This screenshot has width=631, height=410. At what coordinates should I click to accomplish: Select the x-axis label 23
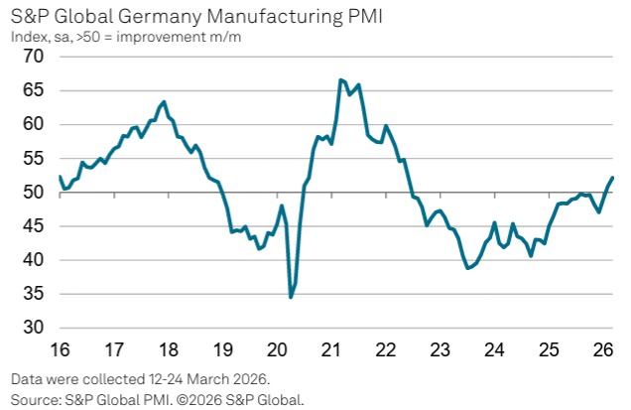point(441,348)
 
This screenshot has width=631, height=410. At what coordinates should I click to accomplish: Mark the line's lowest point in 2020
point(291,297)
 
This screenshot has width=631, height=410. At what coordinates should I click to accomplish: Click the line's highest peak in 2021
point(341,79)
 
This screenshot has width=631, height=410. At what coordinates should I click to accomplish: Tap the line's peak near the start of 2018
point(164,101)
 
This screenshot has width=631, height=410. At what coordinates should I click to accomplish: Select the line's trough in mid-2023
point(467,268)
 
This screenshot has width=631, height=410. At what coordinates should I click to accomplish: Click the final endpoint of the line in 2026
point(613,177)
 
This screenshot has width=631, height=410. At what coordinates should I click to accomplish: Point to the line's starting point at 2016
point(59,176)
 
